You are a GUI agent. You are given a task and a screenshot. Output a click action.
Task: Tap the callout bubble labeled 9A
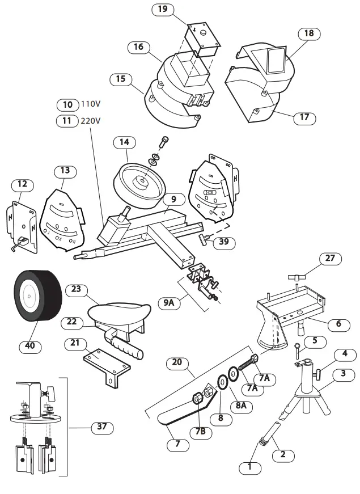(169, 303)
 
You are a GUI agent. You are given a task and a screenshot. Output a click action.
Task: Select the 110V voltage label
(90, 105)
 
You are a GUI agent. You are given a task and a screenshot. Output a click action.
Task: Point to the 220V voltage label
(90, 120)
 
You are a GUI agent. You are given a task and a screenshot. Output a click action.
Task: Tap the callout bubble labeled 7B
(201, 430)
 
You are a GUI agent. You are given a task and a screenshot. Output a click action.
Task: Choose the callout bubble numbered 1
(250, 468)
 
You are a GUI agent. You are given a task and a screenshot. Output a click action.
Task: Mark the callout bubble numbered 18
(308, 33)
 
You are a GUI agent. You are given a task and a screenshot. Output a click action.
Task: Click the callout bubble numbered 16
(138, 47)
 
